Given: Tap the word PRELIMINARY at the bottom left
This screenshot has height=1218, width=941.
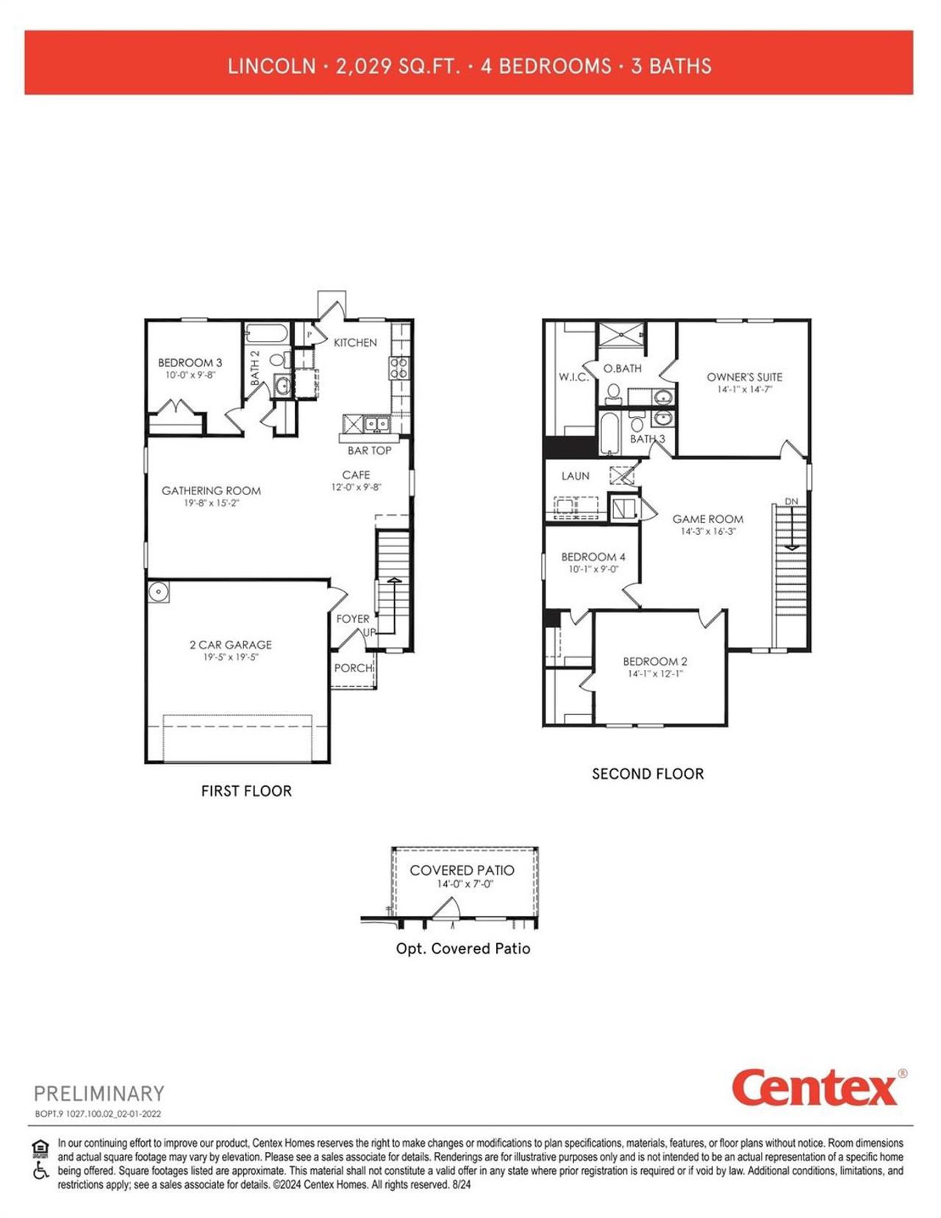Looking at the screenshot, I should point(99,1094).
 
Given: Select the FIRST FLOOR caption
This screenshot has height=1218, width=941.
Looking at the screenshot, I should point(246,791).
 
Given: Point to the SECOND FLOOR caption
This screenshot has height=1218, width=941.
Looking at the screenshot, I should point(648,774).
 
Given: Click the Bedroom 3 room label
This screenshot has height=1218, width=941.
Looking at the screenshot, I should point(190,362).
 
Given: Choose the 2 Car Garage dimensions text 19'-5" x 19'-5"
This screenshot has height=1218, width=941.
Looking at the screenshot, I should point(230,657).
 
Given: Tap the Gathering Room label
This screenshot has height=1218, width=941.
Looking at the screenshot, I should point(211,491).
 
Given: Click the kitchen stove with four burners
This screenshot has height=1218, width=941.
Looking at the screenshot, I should point(398,367).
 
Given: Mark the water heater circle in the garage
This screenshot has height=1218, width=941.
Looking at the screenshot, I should point(157,591).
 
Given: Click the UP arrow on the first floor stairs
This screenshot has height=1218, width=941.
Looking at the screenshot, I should point(393,584).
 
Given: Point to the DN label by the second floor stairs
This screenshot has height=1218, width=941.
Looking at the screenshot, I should point(791,501).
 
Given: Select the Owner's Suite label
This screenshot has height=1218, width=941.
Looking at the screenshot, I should point(744,377).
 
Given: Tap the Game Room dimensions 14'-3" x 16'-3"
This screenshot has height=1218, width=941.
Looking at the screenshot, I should point(707,531).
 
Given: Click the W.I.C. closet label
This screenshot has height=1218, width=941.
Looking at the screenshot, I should point(573,377).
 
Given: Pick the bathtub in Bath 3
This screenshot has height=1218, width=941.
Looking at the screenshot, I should point(610,433).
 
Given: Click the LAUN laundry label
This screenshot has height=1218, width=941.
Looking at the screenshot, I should point(575,476).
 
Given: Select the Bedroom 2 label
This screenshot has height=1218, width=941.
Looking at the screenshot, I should point(655,661).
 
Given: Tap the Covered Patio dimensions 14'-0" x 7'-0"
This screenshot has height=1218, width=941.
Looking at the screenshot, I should point(465,884).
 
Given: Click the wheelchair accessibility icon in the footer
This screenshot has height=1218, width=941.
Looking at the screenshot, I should point(40,1170).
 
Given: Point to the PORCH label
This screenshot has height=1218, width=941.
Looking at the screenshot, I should point(353,668).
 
